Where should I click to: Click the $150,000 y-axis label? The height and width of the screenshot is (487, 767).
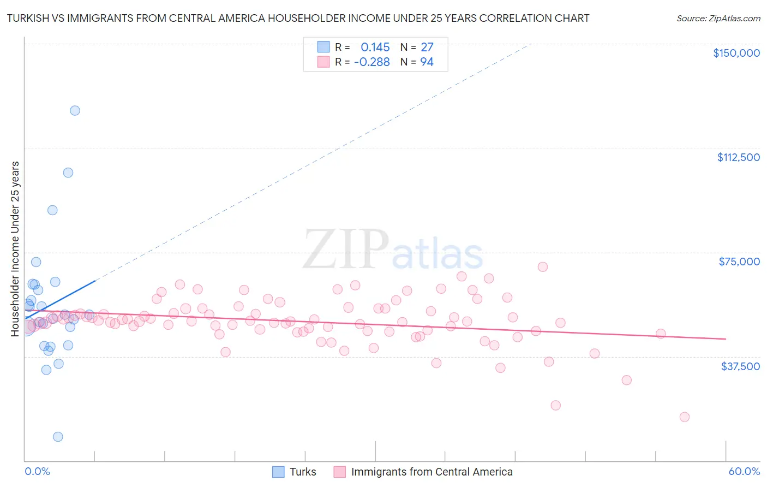[x=736, y=53]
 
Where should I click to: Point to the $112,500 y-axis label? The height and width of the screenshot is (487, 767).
[x=738, y=157]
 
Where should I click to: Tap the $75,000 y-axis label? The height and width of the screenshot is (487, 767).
[x=739, y=262]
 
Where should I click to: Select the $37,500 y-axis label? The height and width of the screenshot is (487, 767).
[x=740, y=366]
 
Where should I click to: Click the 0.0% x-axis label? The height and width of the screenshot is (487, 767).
[x=37, y=471]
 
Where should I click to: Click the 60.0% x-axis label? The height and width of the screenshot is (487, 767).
[x=744, y=471]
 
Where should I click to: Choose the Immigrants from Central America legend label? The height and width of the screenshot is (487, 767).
[x=432, y=472]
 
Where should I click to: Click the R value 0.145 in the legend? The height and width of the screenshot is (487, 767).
[x=375, y=47]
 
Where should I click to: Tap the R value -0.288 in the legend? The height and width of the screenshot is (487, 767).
[x=371, y=62]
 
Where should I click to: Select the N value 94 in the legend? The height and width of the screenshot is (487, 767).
[x=427, y=62]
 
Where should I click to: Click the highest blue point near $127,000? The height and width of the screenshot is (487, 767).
[x=75, y=110]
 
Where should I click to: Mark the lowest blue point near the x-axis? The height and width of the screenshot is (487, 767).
[x=58, y=437]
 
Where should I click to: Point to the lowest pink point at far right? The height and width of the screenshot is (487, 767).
[x=684, y=417]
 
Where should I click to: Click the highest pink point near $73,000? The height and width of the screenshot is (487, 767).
[x=542, y=267]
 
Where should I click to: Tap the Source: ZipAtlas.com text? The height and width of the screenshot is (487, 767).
[x=718, y=18]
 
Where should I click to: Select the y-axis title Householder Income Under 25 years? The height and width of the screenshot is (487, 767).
[x=15, y=248]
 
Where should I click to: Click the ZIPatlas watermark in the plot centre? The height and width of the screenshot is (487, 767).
[x=393, y=250]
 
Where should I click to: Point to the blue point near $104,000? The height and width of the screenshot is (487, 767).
[x=68, y=173]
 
